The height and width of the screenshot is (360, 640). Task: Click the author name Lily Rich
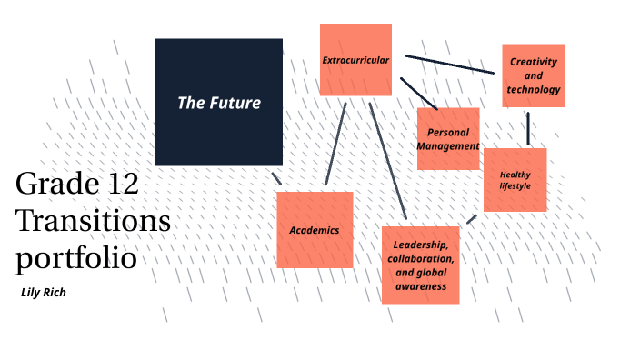(x=43, y=293)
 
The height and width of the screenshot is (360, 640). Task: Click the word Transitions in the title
(x=93, y=221)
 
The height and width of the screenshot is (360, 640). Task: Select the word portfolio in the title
(x=76, y=257)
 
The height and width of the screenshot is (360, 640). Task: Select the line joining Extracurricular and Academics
(x=335, y=143)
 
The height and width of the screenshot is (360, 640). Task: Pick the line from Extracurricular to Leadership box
(x=387, y=164)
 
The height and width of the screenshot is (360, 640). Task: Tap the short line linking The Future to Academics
(x=275, y=177)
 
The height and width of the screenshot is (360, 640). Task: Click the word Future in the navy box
(x=235, y=103)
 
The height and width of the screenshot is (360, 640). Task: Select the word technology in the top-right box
(x=534, y=90)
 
